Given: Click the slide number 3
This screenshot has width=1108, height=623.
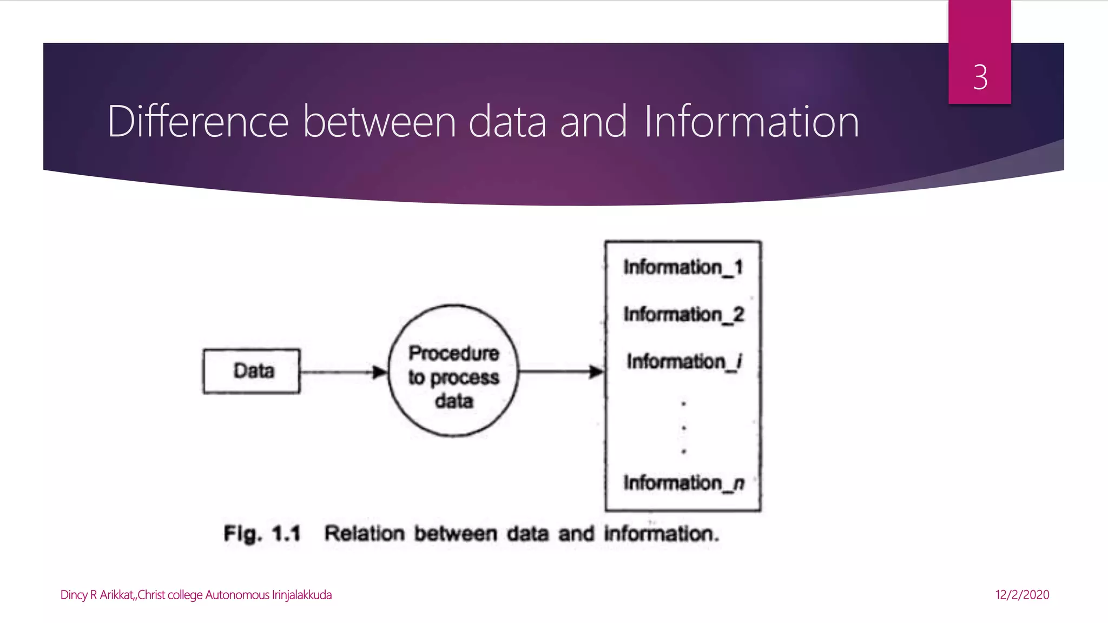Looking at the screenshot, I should tap(980, 77).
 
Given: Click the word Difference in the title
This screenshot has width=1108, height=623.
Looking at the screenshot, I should tap(198, 122).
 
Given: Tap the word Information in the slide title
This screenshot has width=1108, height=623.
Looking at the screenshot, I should tap(751, 122).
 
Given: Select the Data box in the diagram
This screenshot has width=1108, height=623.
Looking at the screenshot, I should tap(252, 371).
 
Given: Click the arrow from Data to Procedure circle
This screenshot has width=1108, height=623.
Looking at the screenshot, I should tap(343, 372).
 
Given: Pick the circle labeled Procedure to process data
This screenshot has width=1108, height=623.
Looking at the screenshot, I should tap(453, 371).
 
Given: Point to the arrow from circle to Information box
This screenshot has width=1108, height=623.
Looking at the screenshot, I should tap(560, 372).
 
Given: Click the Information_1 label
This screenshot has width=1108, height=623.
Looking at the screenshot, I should tap(683, 267).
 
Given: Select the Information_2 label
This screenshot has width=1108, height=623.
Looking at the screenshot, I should tap(684, 314).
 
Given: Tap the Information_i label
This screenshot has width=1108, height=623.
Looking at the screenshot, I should tap(684, 361).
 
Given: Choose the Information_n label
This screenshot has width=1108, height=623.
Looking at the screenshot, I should tap(684, 482).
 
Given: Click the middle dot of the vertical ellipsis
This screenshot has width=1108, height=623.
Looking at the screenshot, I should tap(684, 428).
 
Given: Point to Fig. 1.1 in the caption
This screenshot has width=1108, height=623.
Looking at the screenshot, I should tap(262, 534).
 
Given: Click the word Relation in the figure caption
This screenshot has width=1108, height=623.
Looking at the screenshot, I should tap(364, 534).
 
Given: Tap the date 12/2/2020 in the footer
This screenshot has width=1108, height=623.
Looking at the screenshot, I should tap(1022, 595).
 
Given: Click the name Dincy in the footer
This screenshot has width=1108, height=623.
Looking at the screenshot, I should tap(74, 595).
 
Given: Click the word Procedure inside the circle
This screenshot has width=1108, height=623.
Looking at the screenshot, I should tap(453, 353).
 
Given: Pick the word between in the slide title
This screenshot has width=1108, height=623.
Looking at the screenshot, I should tap(379, 122).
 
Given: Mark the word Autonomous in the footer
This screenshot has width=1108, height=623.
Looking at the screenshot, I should tap(237, 595).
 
